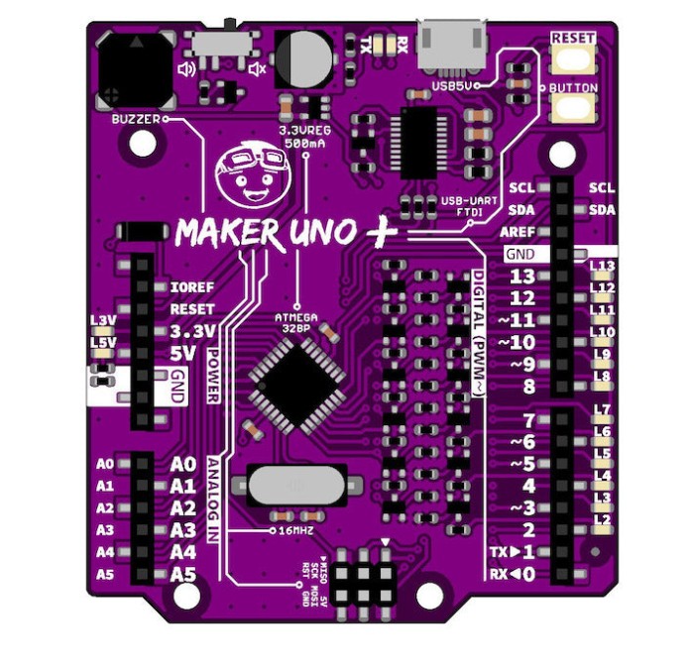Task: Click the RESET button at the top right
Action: coord(574,57)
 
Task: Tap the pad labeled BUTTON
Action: coord(574,105)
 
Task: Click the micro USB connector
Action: coord(453,44)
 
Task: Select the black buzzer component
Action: coord(137,71)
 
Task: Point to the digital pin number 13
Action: coord(521,277)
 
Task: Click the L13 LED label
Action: coord(602,266)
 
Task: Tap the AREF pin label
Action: coord(520,231)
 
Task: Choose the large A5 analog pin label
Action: coord(183,574)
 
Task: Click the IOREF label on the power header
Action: coord(192,287)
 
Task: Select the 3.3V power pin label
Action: coord(192,331)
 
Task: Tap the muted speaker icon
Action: coord(257,68)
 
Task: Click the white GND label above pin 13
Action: coord(519,254)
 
